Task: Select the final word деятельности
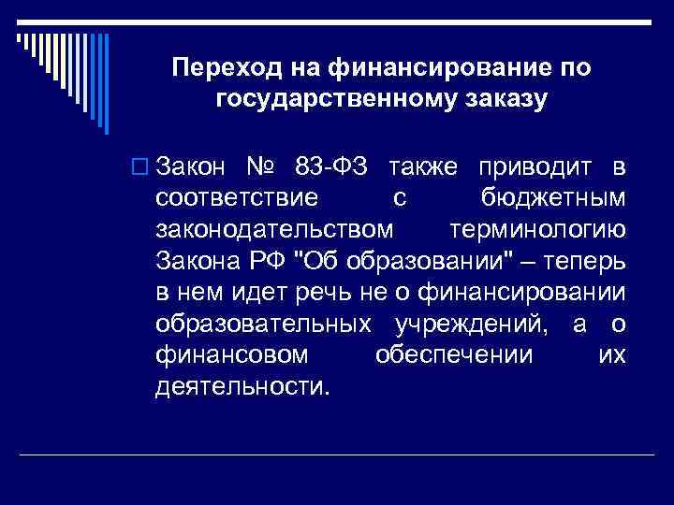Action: coord(242,386)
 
